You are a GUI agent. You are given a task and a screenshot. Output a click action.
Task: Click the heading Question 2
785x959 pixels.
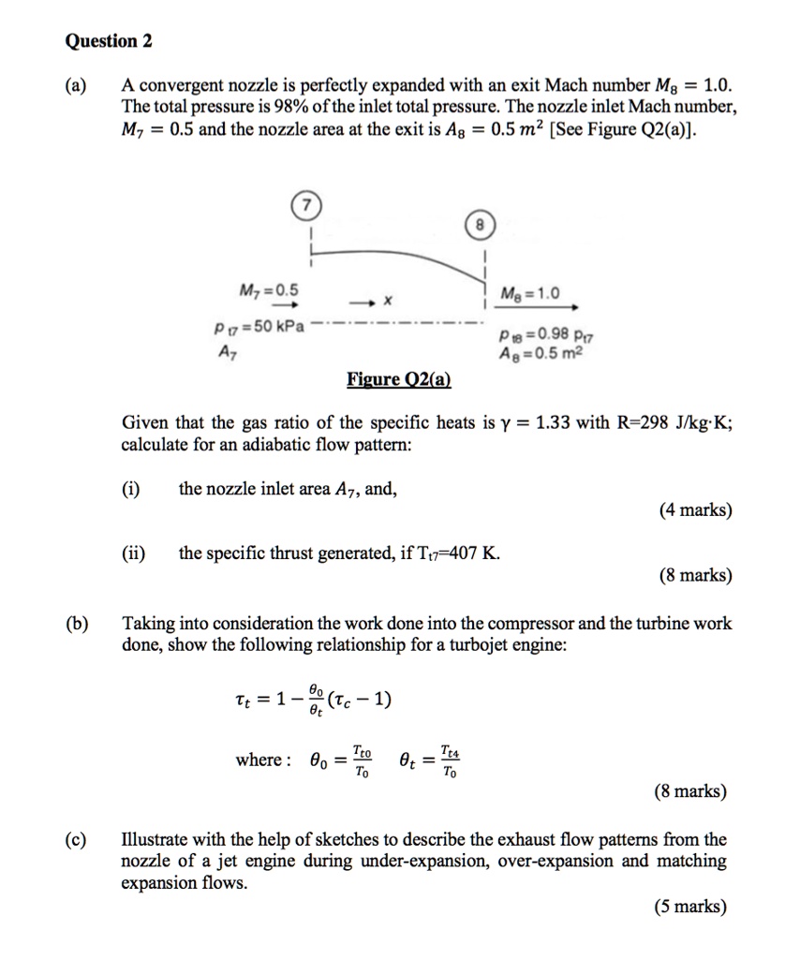click(x=109, y=41)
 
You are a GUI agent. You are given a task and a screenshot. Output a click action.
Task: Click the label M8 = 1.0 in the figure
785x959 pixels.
click(x=530, y=293)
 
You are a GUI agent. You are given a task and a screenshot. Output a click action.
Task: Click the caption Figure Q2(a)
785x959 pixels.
click(x=398, y=379)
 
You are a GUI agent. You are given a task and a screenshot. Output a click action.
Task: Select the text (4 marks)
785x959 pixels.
click(x=695, y=511)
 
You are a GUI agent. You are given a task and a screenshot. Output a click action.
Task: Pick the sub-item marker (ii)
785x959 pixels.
click(x=134, y=553)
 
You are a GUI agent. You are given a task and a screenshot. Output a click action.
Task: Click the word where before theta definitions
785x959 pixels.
click(x=259, y=760)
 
